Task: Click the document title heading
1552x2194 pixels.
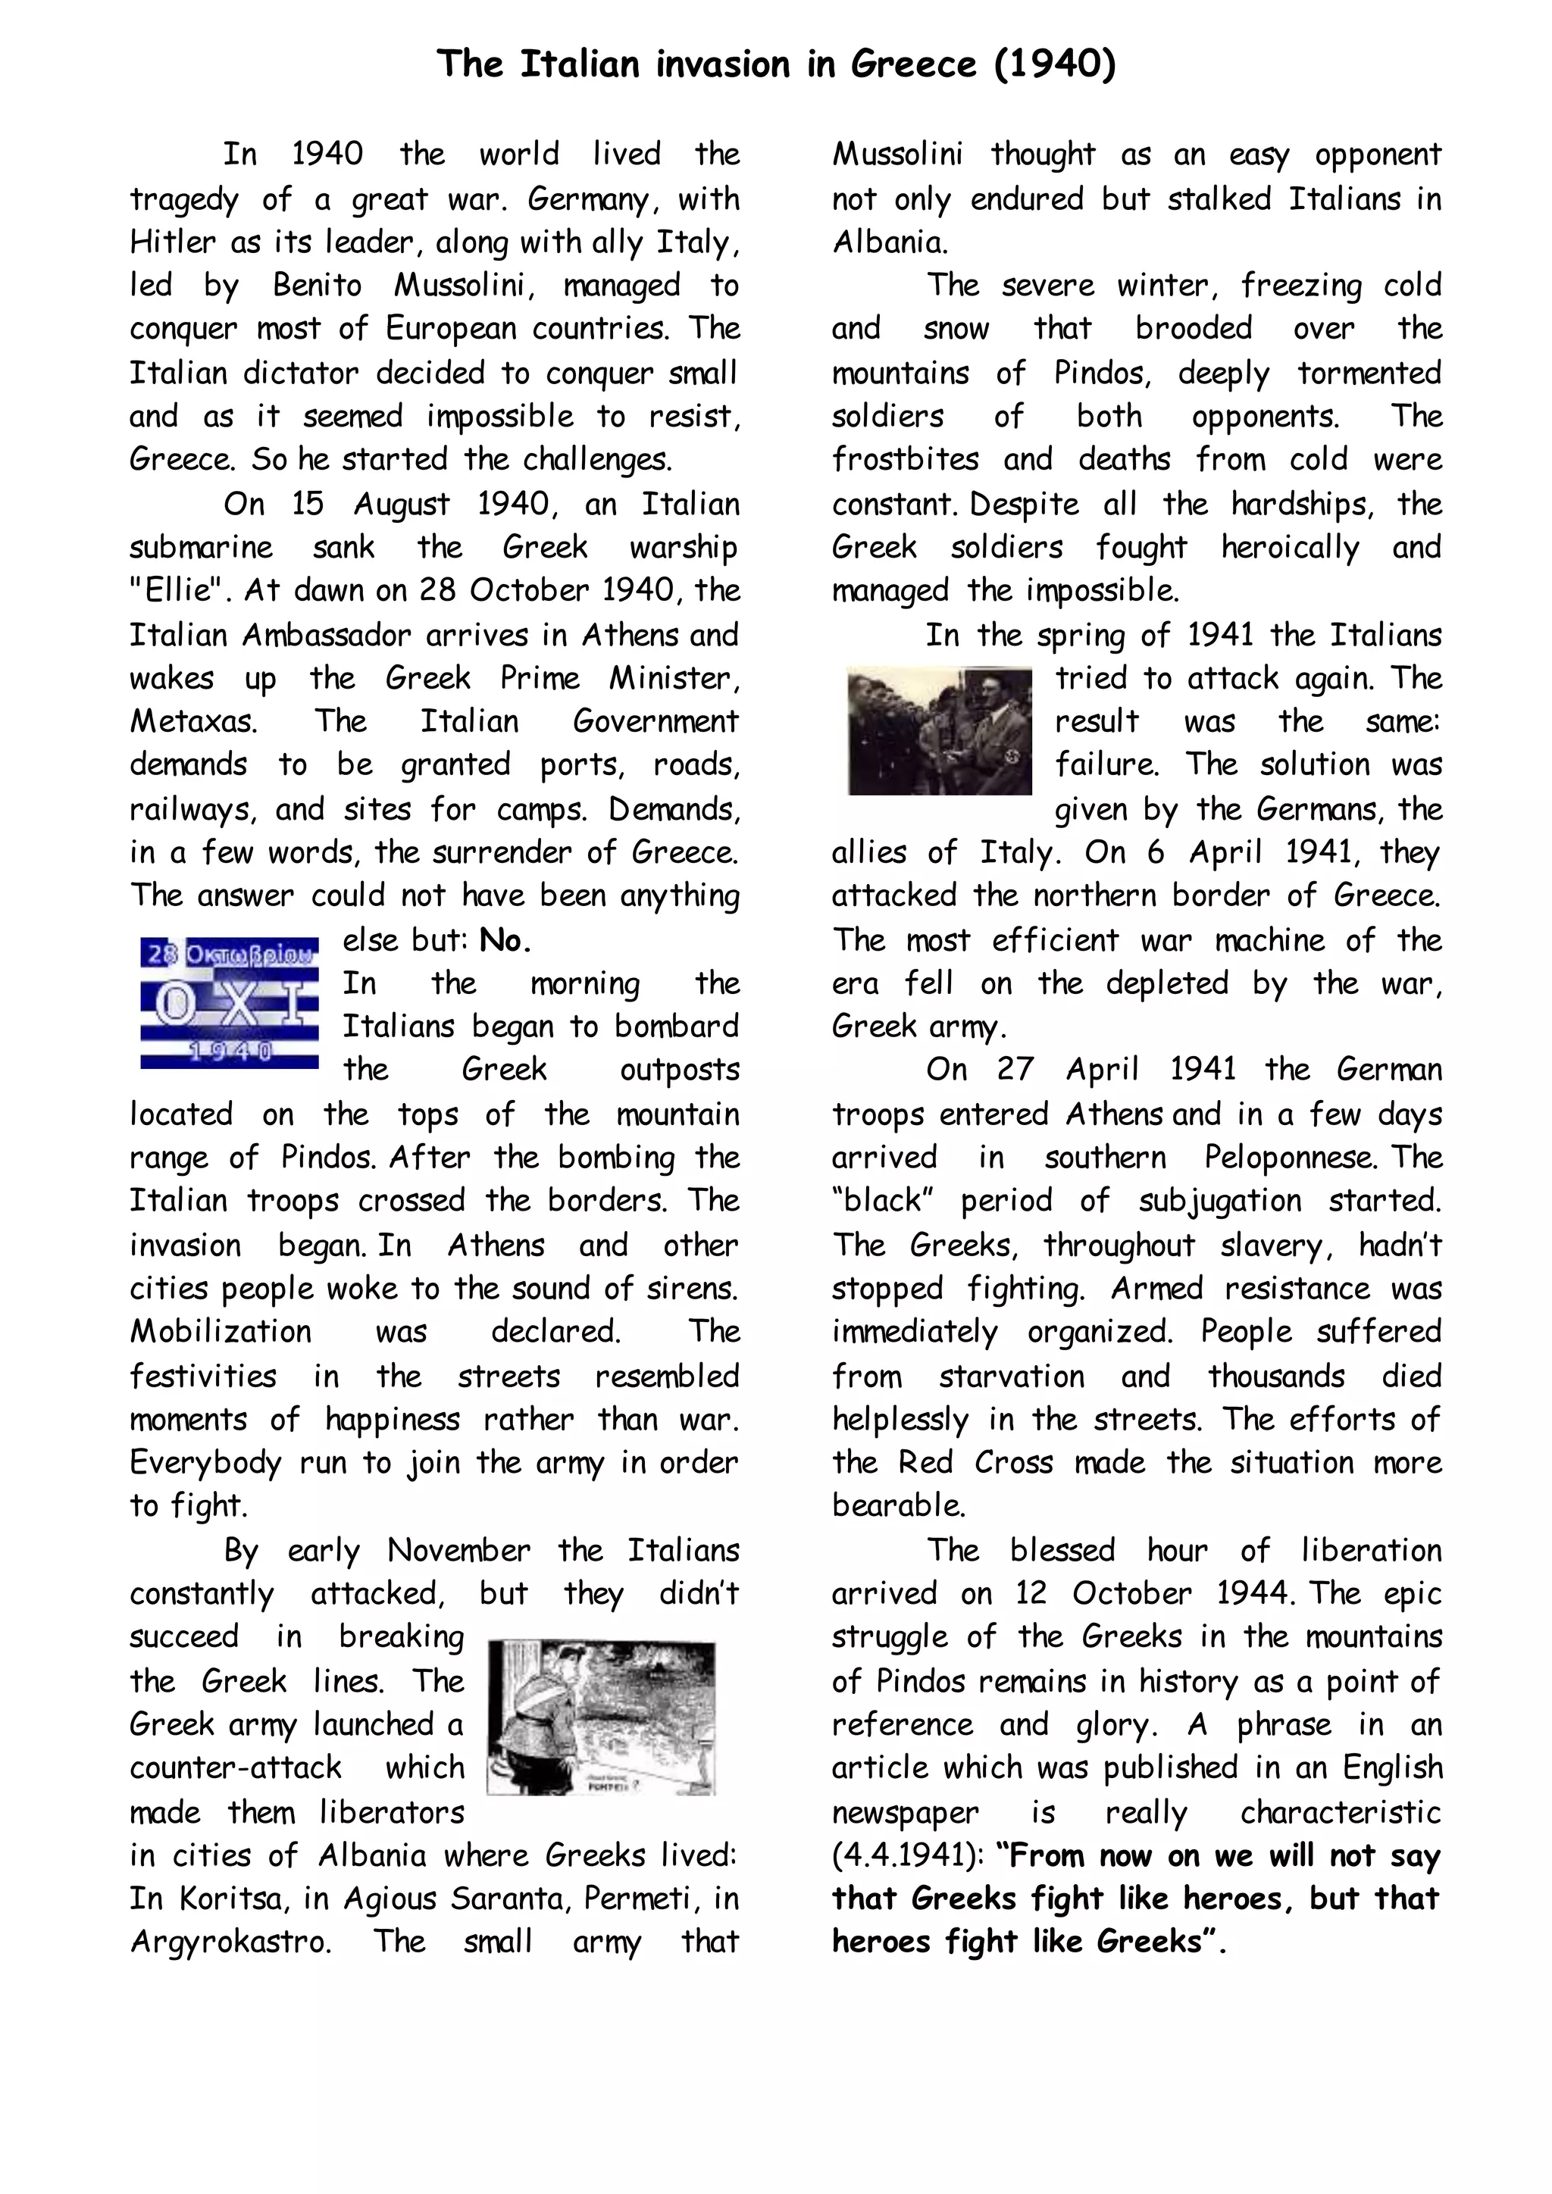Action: (776, 64)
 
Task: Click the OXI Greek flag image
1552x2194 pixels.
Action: (230, 1003)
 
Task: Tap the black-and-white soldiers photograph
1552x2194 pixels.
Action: (940, 731)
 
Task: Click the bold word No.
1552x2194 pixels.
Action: (505, 941)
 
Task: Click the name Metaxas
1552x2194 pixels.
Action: (193, 721)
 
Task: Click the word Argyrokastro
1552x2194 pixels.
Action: (230, 1942)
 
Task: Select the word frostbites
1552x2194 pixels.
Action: (905, 460)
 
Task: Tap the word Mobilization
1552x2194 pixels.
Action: (221, 1332)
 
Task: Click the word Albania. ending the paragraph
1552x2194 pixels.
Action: (890, 242)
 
